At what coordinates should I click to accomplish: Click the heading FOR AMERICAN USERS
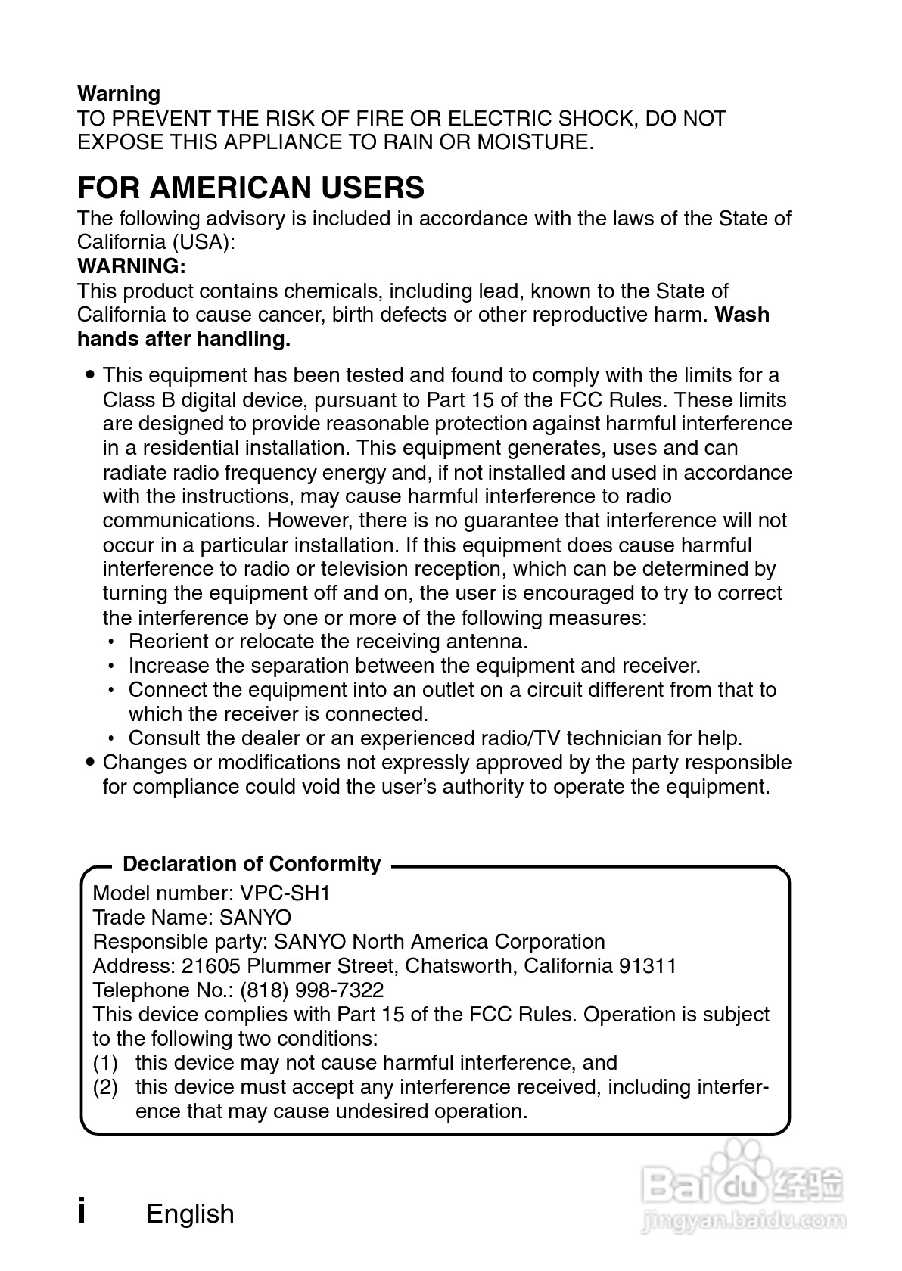point(250,188)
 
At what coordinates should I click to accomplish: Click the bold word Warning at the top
point(119,94)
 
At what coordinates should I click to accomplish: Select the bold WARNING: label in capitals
point(132,266)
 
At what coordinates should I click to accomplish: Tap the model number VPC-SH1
point(285,893)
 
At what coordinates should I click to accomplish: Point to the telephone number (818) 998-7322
point(312,990)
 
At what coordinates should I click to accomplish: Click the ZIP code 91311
point(648,965)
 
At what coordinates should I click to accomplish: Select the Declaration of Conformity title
point(251,864)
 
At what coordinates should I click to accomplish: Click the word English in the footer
point(190,1214)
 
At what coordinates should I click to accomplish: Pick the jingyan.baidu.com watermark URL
point(742,1220)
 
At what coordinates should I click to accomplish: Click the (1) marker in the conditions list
point(105,1062)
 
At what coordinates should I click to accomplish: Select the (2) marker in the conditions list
point(105,1086)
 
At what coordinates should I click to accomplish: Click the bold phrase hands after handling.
point(184,339)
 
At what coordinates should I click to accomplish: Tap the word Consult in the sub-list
point(163,738)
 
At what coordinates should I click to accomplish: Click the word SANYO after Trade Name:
point(255,917)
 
